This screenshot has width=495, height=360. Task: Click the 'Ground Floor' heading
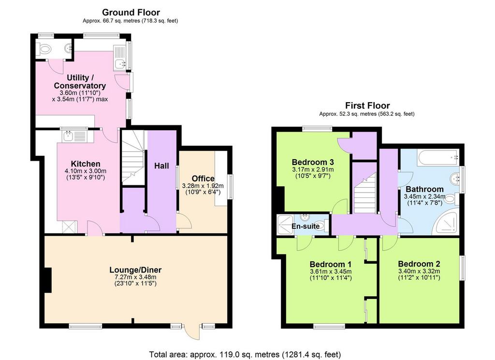131,12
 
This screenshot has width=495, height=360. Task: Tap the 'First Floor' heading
367,105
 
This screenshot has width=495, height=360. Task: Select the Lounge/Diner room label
135,270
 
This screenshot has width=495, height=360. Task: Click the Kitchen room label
86,164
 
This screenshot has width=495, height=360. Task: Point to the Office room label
203,179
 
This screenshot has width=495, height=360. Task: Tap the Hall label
161,166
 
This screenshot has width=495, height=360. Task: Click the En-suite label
306,226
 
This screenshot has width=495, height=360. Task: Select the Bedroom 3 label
313,162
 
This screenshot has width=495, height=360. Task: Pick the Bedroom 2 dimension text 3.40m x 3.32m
419,271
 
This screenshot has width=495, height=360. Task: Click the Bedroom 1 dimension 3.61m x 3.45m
331,271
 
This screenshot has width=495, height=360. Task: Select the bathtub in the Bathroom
438,157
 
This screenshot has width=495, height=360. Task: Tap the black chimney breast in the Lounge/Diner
48,280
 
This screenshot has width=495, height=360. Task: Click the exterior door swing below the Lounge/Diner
192,331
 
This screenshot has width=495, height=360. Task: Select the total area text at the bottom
245,354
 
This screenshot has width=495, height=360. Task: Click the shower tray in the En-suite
285,225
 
